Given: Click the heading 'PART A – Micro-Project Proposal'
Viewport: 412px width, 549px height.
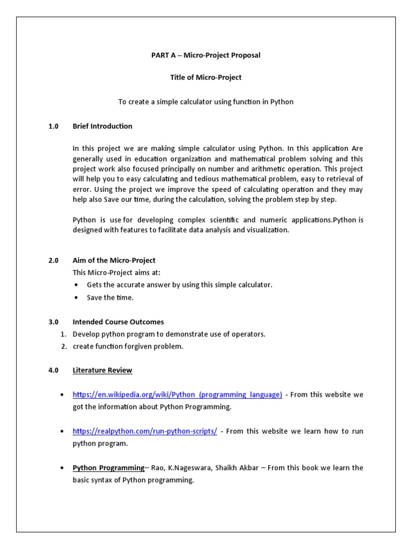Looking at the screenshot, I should tap(205, 56).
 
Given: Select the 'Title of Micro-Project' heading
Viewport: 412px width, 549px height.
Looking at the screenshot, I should tap(205, 77).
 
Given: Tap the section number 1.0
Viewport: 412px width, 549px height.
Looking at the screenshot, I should tap(53, 126).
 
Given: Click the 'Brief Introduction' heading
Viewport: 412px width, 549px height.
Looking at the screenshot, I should tap(102, 126).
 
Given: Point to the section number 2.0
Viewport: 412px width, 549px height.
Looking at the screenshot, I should tap(53, 260).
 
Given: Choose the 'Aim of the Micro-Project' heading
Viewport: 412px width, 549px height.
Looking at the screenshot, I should tap(114, 260).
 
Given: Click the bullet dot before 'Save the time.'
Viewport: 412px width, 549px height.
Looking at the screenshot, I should tap(76, 298).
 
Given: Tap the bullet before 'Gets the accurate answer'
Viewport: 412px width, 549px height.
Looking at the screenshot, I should tap(76, 285).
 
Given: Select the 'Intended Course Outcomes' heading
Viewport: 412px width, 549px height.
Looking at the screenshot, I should tap(118, 322).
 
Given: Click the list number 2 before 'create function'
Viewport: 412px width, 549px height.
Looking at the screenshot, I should tap(63, 346).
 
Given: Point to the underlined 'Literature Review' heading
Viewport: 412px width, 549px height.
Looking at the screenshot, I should tap(102, 370).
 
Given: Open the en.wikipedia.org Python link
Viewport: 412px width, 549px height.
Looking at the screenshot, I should tap(177, 395).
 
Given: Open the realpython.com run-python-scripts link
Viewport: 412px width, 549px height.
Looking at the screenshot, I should tap(145, 431).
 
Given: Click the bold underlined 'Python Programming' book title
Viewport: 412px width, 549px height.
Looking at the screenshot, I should tap(108, 468).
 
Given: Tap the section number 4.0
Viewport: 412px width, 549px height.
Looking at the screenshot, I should tap(53, 370).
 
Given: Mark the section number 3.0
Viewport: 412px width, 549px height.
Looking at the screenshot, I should tap(53, 322).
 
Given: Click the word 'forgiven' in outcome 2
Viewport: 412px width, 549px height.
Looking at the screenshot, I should tap(141, 346).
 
